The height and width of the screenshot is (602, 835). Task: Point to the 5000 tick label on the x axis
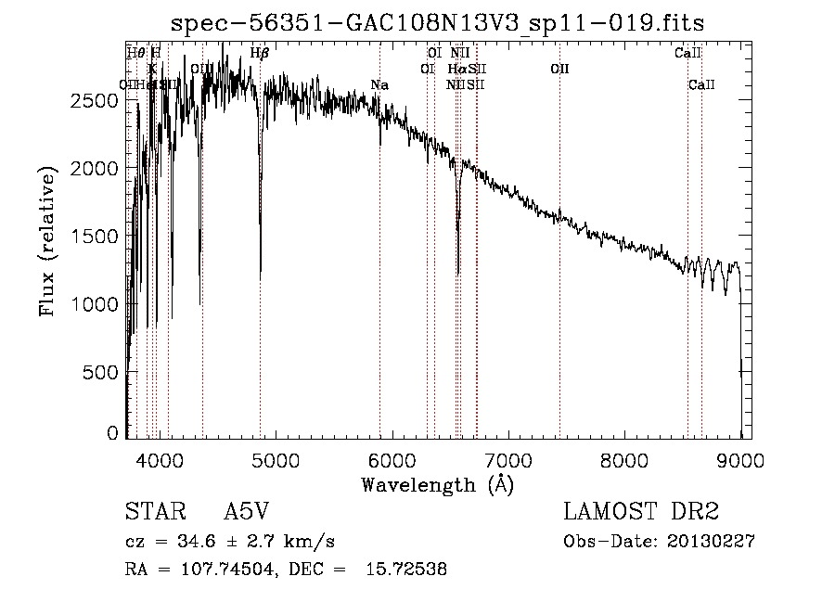275,458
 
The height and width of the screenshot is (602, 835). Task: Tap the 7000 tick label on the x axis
507,458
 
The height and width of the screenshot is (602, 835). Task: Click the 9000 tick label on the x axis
740,458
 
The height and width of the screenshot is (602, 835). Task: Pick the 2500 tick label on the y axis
96,100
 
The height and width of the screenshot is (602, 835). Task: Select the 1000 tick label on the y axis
96,304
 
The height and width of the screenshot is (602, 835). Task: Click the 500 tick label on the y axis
102,372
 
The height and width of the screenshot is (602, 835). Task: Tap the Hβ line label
260,54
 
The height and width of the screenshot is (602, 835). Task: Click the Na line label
379,85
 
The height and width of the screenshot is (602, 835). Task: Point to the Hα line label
456,69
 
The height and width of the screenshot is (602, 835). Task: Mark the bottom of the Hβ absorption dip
260,276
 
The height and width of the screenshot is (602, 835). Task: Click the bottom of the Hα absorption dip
458,273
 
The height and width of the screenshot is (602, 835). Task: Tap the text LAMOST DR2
642,512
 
